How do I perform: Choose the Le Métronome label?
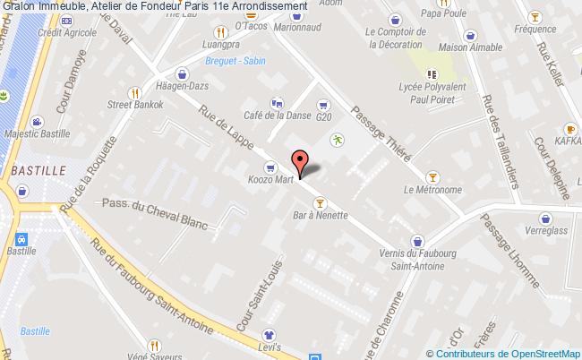tap(433, 189)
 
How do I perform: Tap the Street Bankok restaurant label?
tap(134, 105)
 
